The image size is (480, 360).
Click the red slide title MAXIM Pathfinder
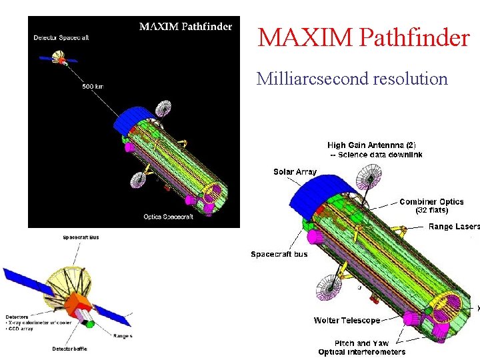pos(363,37)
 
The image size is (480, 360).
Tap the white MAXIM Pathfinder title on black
pos(185,27)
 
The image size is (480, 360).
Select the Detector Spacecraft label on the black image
pos(61,38)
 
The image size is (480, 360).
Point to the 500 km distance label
pos(93,86)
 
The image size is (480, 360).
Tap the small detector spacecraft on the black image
pos(61,60)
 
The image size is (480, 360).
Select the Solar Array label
pos(295,172)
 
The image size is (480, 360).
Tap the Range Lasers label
pos(453,227)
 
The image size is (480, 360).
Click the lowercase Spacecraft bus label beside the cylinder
pos(279,254)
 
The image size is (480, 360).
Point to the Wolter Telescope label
pos(347,321)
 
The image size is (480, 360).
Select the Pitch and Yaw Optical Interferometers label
pos(361,347)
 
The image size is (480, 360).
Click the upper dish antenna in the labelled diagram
pos(369,179)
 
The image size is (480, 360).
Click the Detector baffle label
pos(69,349)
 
